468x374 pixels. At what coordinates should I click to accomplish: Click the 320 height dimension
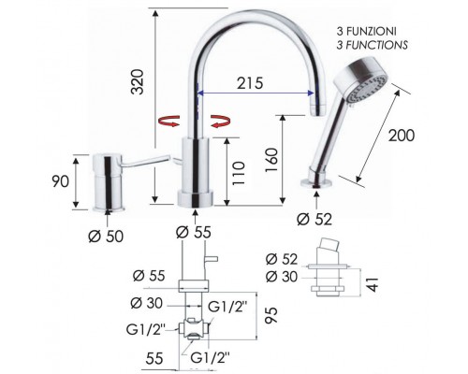click(138, 81)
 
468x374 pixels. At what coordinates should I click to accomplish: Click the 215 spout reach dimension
click(250, 83)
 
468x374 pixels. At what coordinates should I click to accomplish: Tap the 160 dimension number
click(271, 160)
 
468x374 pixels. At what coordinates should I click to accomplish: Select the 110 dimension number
click(239, 173)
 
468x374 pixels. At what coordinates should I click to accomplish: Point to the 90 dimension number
click(60, 181)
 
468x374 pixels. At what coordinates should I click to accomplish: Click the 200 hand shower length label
click(402, 136)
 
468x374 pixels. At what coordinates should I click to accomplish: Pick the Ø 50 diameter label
click(106, 237)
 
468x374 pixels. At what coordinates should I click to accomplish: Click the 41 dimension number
click(373, 284)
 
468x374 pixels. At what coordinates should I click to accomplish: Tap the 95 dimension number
click(271, 315)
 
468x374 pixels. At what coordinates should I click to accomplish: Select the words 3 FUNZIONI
click(366, 32)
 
